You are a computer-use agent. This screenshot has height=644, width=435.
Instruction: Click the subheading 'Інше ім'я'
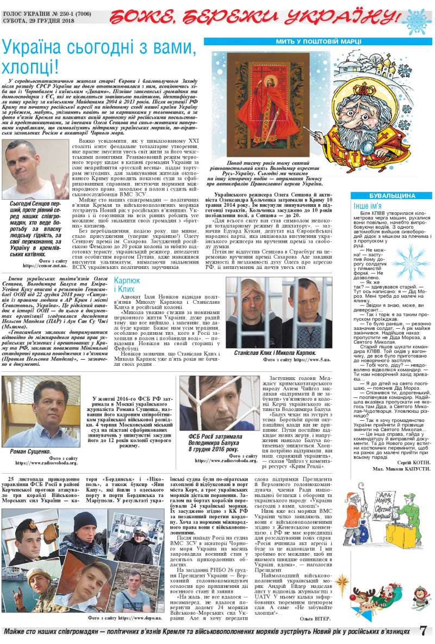[x=368, y=206]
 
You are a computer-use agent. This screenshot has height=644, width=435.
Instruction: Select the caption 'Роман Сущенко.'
[x=31, y=451]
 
